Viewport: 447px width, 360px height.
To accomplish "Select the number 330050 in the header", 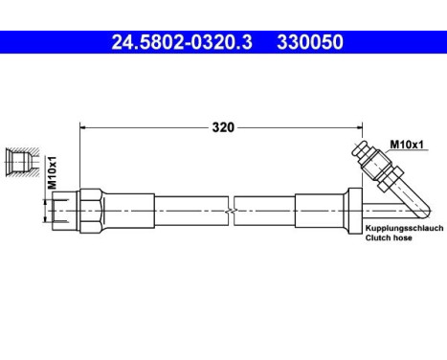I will coord(309,42).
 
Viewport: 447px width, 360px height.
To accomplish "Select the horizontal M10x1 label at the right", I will coord(406,145).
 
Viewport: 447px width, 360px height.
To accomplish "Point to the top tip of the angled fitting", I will coord(357,146).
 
